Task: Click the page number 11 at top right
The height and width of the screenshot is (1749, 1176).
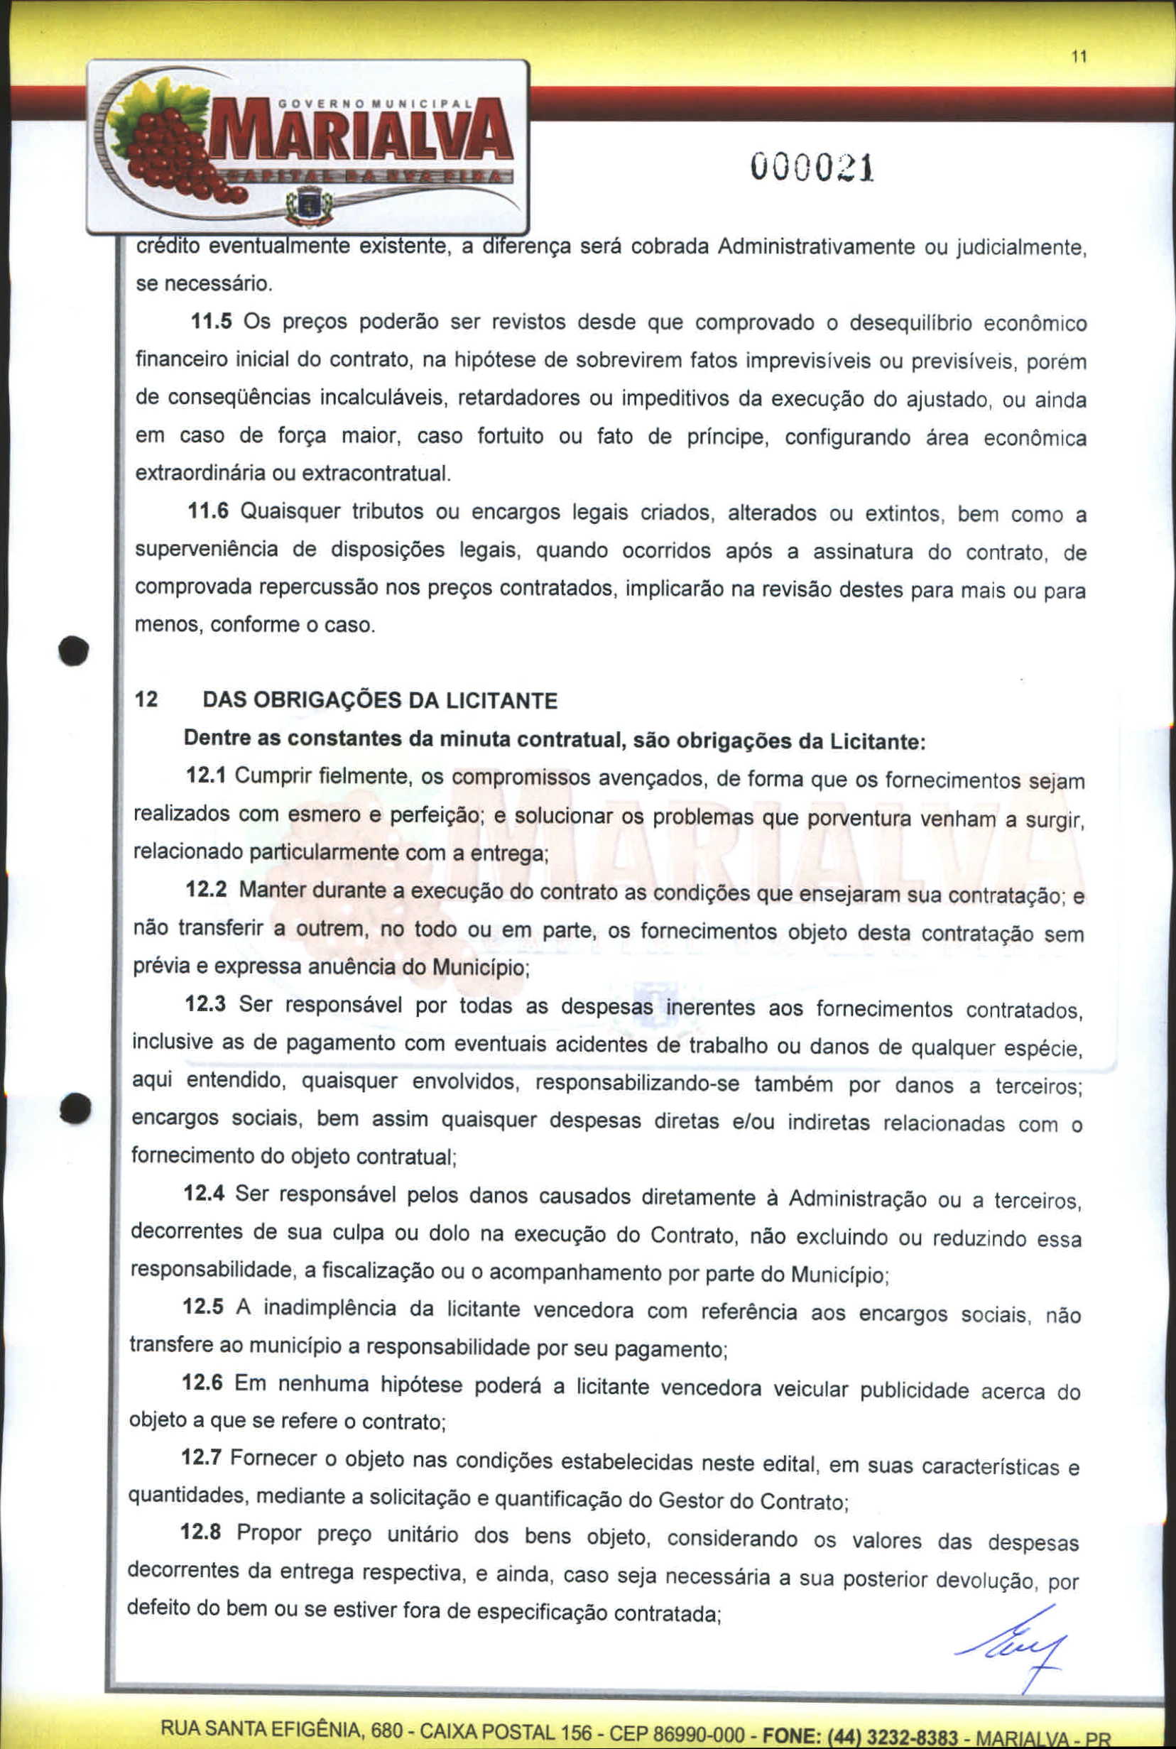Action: [1079, 57]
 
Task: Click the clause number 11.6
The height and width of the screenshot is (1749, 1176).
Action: [208, 511]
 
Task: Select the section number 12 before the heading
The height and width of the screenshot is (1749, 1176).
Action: [146, 699]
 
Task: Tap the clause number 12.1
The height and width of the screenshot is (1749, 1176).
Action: [206, 775]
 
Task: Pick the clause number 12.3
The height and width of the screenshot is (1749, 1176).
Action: [205, 1003]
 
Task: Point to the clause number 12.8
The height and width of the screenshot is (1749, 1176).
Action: [202, 1531]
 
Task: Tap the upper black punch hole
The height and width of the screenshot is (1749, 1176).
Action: [76, 650]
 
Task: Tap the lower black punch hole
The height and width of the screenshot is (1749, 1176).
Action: [76, 1107]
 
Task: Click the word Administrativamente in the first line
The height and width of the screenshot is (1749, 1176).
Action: [815, 246]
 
